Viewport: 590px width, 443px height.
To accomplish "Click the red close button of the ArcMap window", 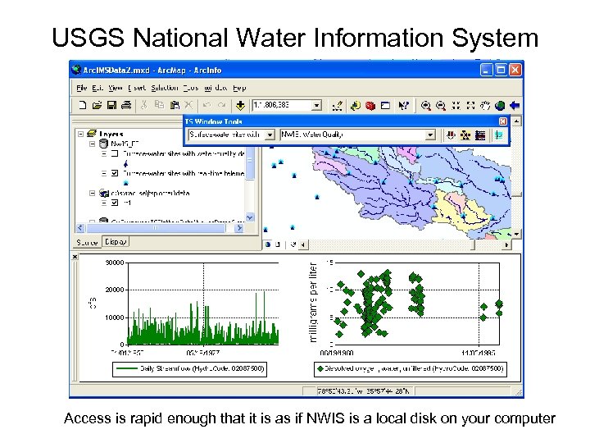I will [x=515, y=70].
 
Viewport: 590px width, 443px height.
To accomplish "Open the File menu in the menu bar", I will [x=82, y=87].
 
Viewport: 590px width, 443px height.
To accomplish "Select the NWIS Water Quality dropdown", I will [x=357, y=135].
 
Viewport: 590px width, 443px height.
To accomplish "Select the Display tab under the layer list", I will [x=116, y=242].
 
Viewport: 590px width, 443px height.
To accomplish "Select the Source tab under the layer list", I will [x=87, y=242].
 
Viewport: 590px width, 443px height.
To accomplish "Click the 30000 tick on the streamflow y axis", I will [x=115, y=263].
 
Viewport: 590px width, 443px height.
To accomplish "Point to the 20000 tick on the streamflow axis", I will [x=115, y=290].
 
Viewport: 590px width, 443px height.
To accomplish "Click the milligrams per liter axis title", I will [x=312, y=301].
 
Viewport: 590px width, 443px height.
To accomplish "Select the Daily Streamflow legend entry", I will [x=193, y=369].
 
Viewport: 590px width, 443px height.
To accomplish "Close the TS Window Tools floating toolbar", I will [x=503, y=121].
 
